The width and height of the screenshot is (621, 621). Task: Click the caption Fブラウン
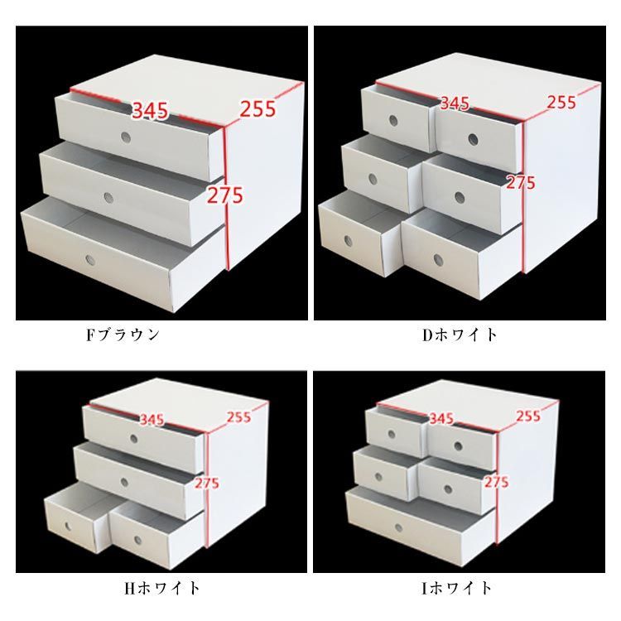coord(123,335)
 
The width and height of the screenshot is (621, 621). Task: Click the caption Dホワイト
coord(460,335)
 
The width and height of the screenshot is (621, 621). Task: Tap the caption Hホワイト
coord(162,588)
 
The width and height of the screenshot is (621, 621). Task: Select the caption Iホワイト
coord(457,588)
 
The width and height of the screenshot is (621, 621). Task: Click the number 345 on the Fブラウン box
coord(150,110)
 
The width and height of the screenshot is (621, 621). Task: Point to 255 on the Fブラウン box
coord(258,108)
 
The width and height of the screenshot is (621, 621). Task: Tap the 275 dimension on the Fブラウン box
coord(225,195)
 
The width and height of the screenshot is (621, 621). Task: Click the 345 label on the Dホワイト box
coord(455,103)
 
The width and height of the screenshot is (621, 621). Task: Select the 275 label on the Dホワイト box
coord(521,183)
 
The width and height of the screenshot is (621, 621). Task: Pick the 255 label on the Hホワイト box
coord(238,416)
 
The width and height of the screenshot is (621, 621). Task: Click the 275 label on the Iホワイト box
coord(496,482)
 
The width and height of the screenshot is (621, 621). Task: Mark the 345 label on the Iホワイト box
coord(441,418)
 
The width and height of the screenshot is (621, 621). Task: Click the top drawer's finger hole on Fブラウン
coord(126,137)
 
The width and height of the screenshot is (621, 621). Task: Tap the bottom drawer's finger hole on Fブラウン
coord(90,260)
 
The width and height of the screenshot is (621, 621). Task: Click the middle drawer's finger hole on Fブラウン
coord(108,197)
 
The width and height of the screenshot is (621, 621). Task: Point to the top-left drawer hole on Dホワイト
coord(393,121)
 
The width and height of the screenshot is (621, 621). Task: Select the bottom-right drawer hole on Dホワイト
coord(438,260)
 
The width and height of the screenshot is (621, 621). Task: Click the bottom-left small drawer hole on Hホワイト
coord(68,527)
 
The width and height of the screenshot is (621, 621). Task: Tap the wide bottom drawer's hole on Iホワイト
coord(399,528)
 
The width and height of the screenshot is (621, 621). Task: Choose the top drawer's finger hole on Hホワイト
coord(134,439)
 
